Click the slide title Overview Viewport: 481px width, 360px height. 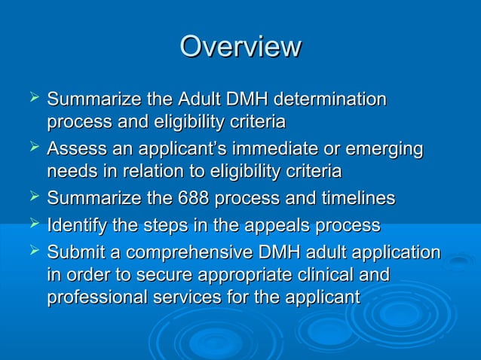[240, 46]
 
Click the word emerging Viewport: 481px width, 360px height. [384, 149]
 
